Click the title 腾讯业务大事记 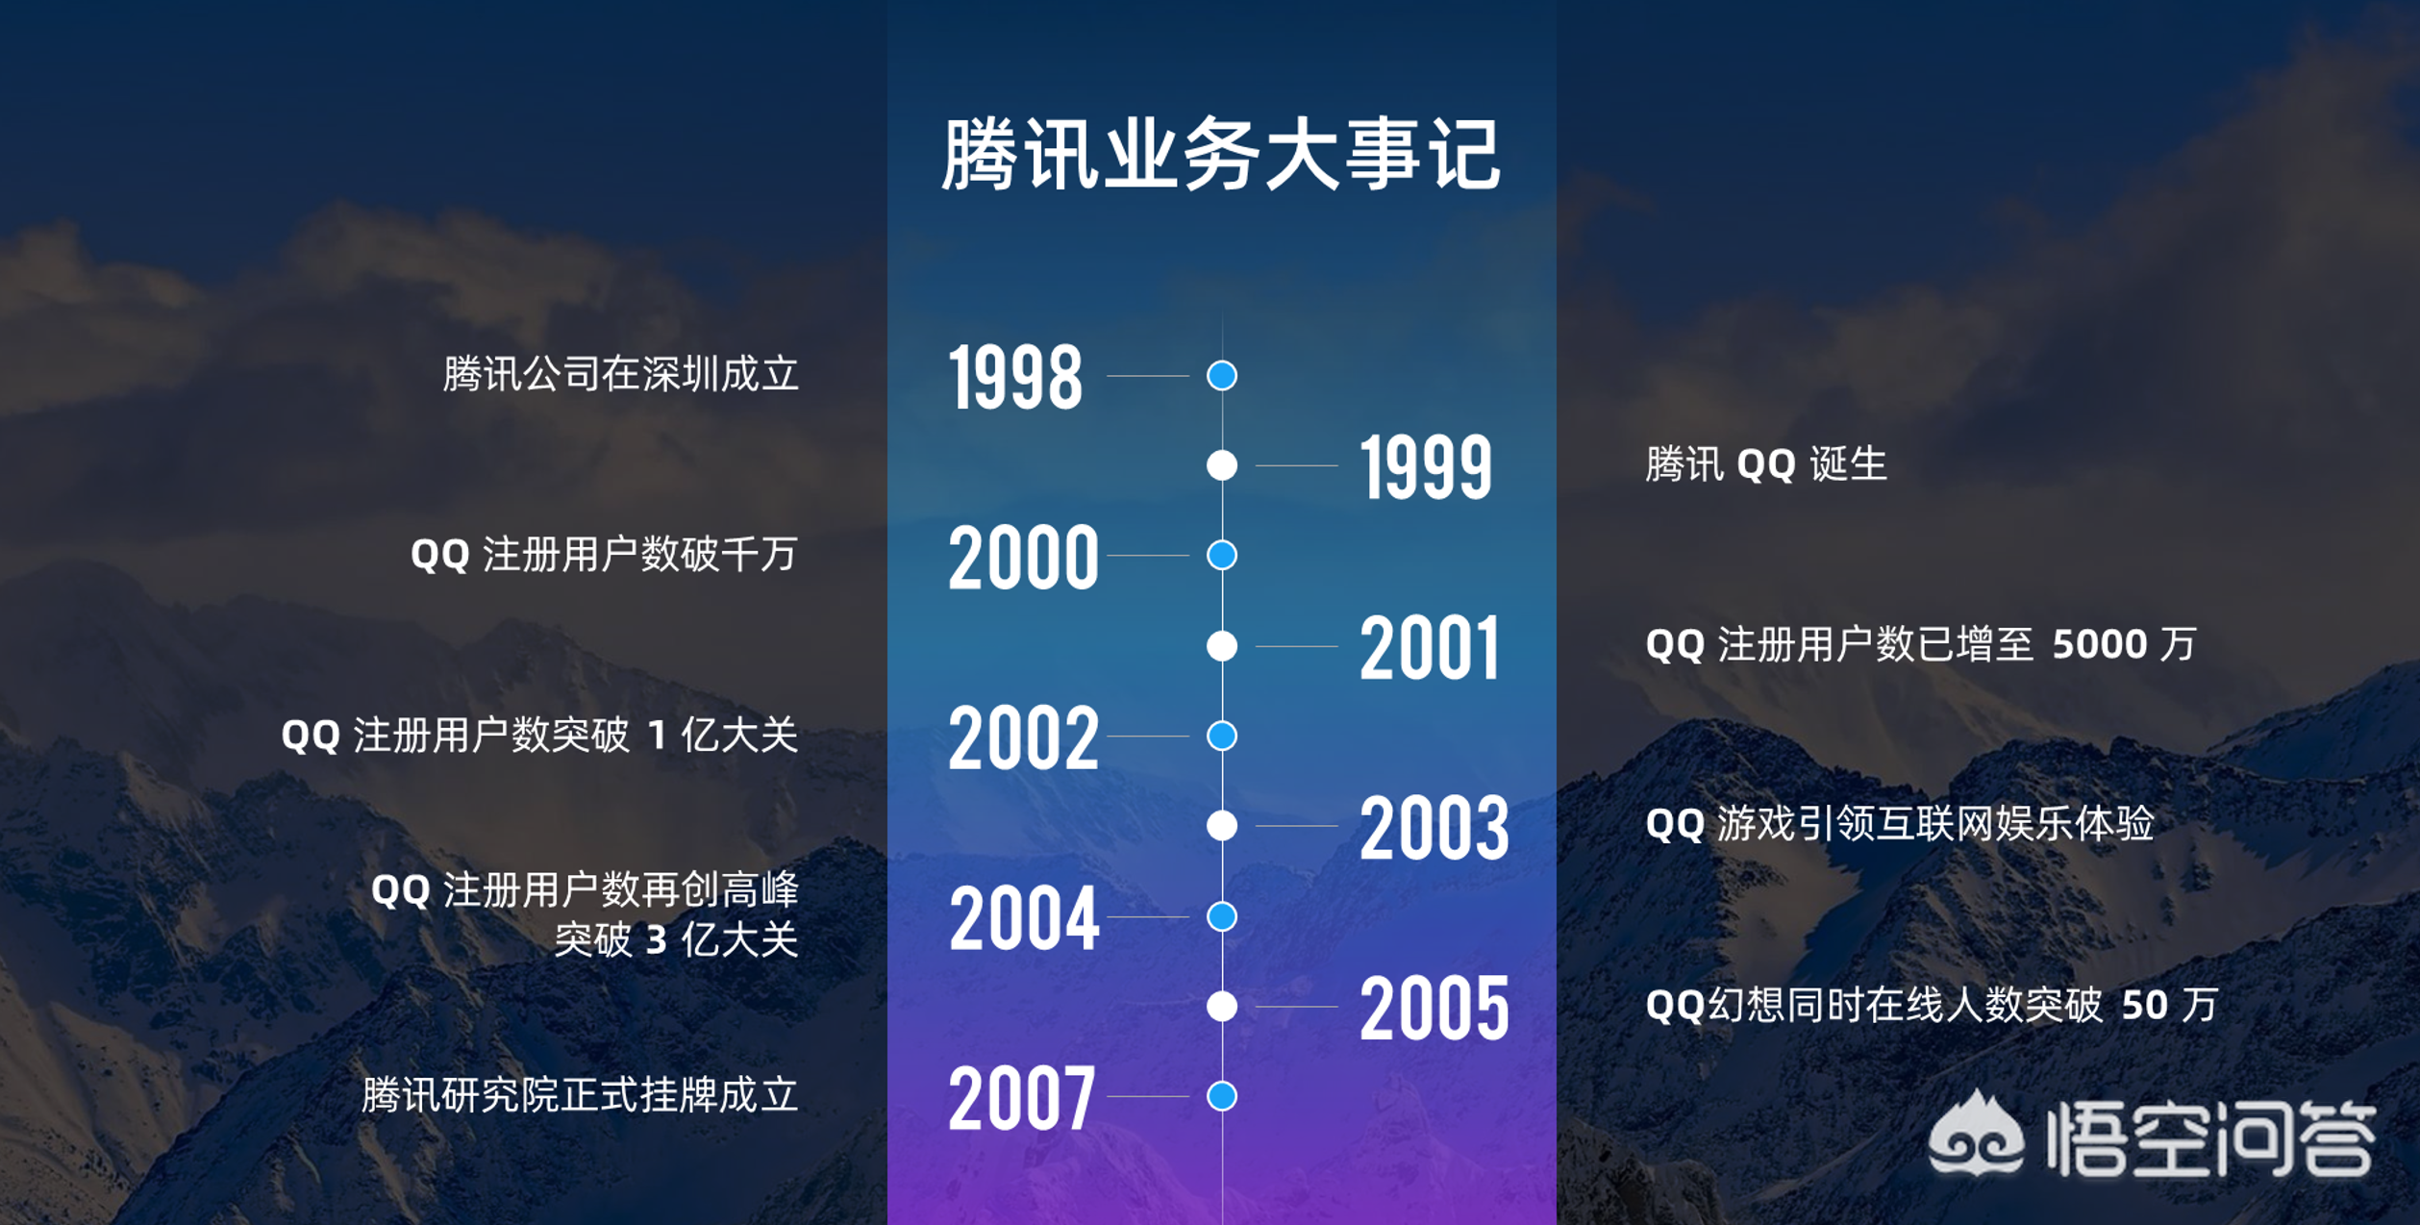[x=1221, y=154]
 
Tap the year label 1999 [x=1426, y=467]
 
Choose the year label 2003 [x=1434, y=828]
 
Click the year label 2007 [x=1021, y=1098]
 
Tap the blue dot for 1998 [x=1222, y=375]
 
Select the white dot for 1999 [x=1222, y=465]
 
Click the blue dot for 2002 [x=1222, y=736]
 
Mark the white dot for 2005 [x=1222, y=1006]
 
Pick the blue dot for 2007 [x=1222, y=1096]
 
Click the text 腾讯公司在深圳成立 [x=621, y=374]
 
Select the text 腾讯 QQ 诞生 [x=1766, y=464]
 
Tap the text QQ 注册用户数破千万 [x=605, y=555]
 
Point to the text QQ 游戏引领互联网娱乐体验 [x=1900, y=824]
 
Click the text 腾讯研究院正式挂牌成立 [x=580, y=1095]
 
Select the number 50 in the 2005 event [x=2144, y=1006]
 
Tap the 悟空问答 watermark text [x=2212, y=1138]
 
